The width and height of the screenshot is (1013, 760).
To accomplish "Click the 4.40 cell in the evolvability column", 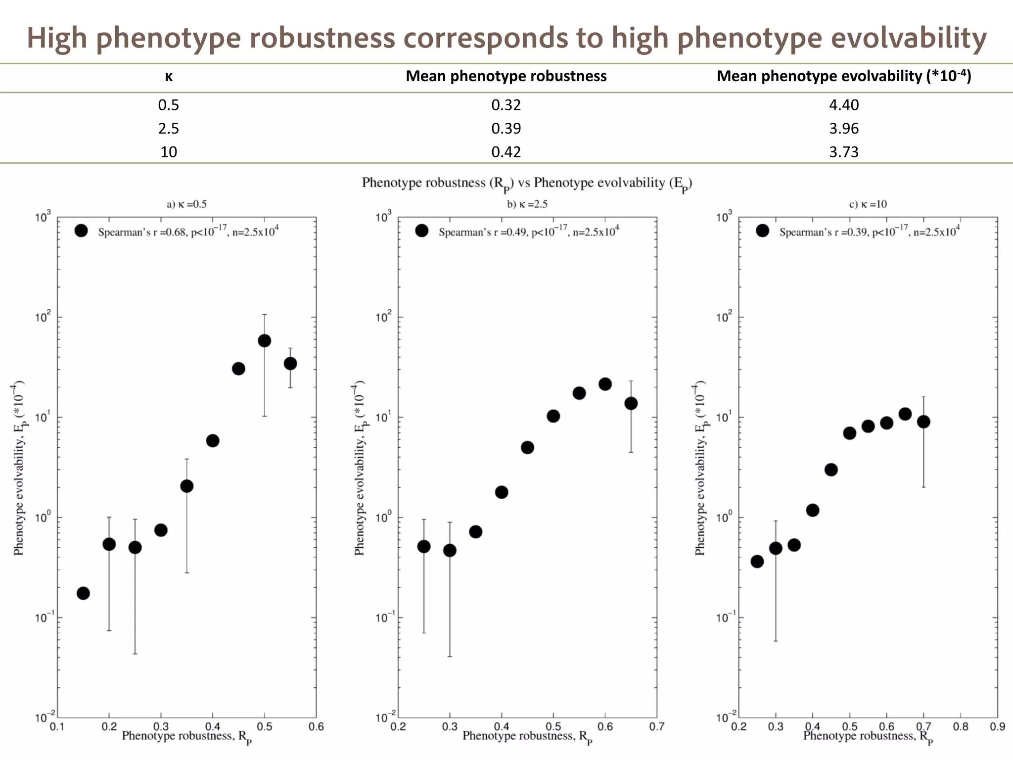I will point(844,105).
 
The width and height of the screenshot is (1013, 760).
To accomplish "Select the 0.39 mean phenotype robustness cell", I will point(506,129).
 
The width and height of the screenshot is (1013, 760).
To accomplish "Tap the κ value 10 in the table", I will point(169,152).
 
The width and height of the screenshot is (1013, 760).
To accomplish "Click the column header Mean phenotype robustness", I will point(506,76).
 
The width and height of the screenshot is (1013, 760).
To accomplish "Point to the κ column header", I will point(169,77).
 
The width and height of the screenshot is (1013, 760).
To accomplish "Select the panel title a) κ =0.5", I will point(186,204).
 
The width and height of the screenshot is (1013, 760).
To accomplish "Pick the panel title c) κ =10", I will point(868,204).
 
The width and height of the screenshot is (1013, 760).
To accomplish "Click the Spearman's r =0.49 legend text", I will point(528,232).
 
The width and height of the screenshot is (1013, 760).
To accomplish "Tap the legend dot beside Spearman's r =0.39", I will point(762,231).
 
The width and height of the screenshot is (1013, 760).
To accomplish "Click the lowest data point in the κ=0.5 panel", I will point(83,593).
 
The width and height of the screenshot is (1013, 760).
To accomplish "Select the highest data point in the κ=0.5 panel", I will point(264,340).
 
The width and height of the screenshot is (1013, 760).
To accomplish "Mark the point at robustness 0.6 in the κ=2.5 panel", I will point(605,384).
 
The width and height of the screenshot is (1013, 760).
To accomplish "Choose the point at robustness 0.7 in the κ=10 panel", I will point(923,422).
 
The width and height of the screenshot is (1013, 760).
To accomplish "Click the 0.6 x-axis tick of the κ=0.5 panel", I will point(316,726).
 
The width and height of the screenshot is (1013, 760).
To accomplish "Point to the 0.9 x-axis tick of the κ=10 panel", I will point(997,726).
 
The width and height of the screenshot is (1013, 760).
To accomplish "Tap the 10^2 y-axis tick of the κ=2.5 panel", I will point(383,316).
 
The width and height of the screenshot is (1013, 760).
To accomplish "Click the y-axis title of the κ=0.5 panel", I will point(19,468).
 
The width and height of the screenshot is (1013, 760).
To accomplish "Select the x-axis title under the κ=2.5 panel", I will point(527,737).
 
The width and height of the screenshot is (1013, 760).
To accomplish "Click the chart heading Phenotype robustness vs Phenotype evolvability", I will point(527,184).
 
